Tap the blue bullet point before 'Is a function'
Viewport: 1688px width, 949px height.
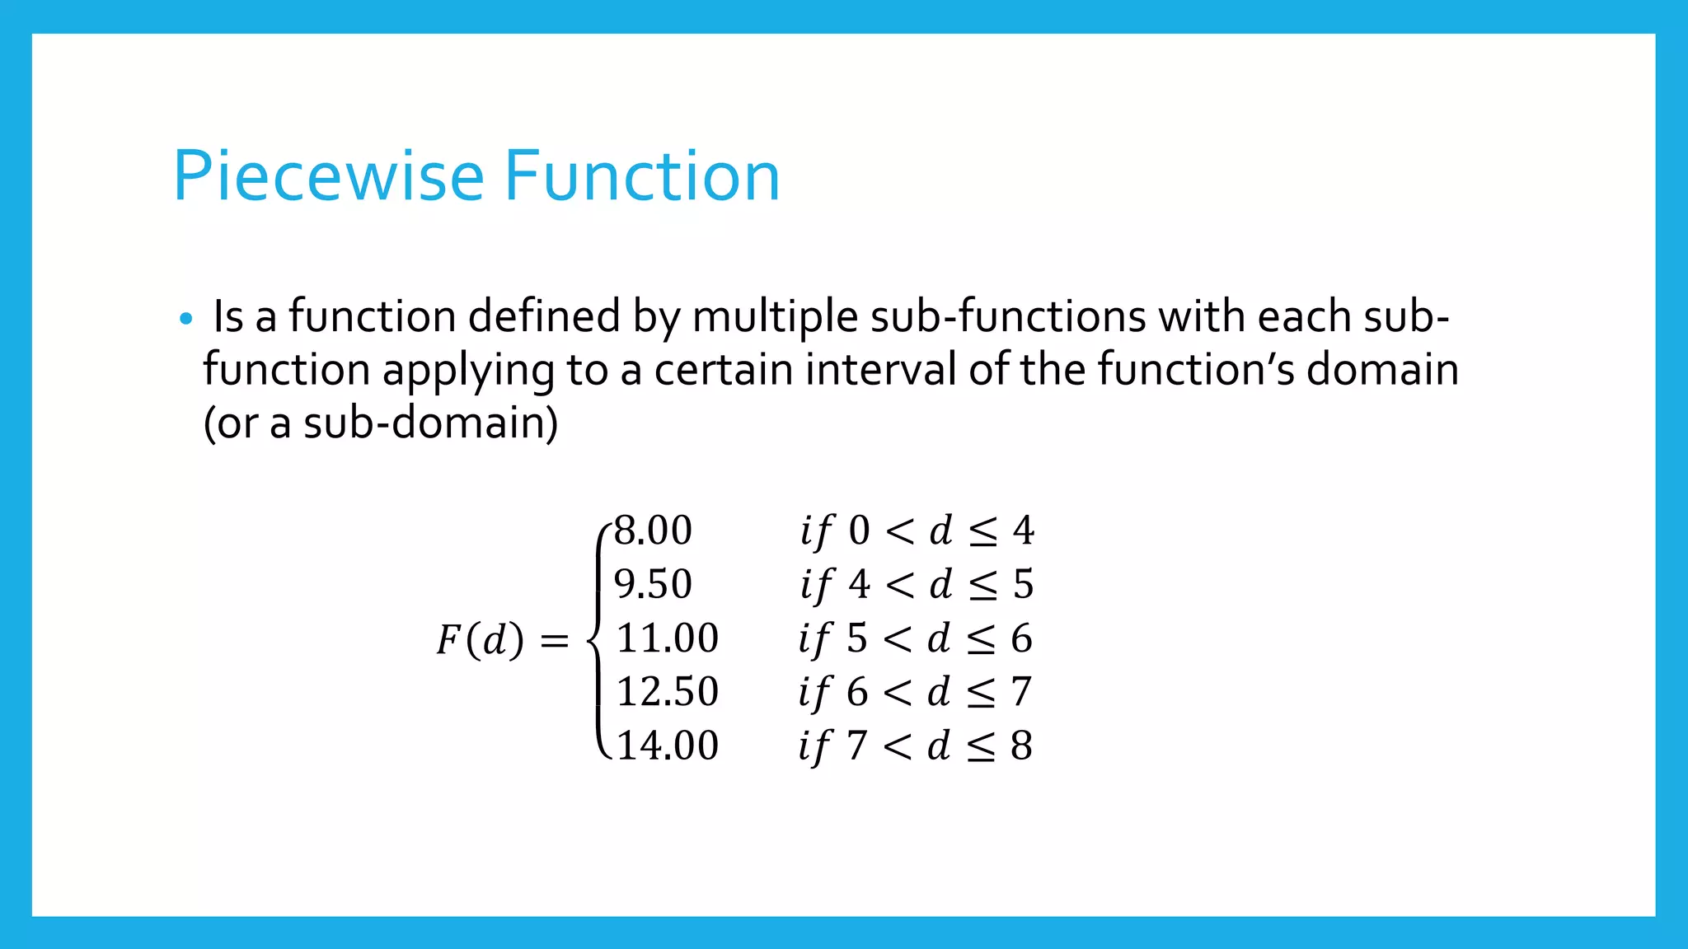[185, 319]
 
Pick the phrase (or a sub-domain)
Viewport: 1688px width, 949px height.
[381, 423]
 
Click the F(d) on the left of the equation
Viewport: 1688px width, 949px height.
[480, 640]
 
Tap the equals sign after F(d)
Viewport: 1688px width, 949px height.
[554, 641]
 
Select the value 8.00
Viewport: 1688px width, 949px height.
[653, 531]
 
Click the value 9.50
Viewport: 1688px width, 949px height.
[653, 584]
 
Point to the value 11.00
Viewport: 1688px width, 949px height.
[667, 638]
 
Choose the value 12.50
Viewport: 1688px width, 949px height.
[667, 692]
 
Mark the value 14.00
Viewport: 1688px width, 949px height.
[667, 746]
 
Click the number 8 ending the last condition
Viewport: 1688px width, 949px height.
[1021, 746]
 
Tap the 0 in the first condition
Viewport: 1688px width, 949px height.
[859, 531]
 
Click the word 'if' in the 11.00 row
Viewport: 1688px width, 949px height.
[814, 639]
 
